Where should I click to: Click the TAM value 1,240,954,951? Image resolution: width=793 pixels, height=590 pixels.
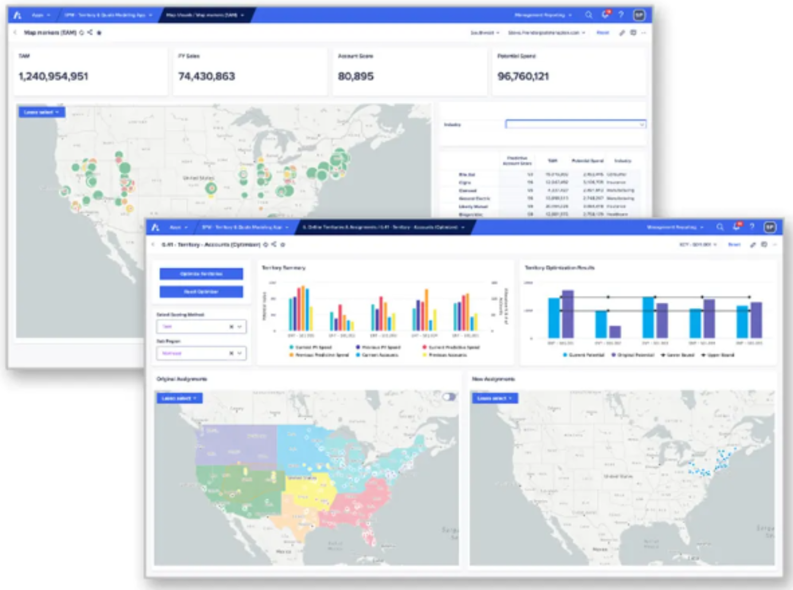(53, 77)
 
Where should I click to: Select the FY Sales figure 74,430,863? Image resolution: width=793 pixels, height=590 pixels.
(207, 77)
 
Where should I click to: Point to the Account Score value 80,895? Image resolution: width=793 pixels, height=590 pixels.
(356, 77)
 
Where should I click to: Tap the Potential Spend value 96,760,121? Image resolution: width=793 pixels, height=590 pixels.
(523, 77)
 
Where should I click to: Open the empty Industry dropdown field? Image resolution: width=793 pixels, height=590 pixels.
(575, 124)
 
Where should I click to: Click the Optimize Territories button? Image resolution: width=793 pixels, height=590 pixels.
(201, 274)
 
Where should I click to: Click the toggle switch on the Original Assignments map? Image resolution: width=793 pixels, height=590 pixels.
(449, 396)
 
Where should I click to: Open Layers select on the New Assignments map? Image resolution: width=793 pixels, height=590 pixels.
(495, 398)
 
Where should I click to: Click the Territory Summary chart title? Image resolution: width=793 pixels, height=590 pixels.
(284, 267)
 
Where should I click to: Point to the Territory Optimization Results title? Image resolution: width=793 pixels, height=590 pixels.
(560, 267)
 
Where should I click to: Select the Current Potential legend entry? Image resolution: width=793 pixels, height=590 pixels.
(584, 355)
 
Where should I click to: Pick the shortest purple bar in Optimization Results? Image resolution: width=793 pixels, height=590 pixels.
(615, 331)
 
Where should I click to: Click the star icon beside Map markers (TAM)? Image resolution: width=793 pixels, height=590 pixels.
(99, 33)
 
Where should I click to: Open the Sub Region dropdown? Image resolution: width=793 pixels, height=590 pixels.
(201, 353)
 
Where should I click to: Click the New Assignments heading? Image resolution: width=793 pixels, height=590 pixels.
(493, 379)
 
